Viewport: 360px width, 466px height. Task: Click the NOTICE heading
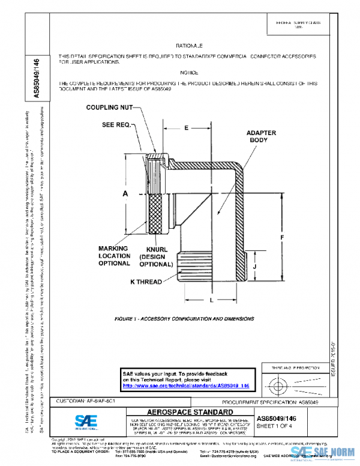pos(189,72)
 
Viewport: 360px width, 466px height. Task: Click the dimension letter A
pos(125,193)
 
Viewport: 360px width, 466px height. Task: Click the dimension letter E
pos(186,128)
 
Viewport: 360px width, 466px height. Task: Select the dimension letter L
pos(212,298)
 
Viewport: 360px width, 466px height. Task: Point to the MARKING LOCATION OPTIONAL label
pos(115,256)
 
